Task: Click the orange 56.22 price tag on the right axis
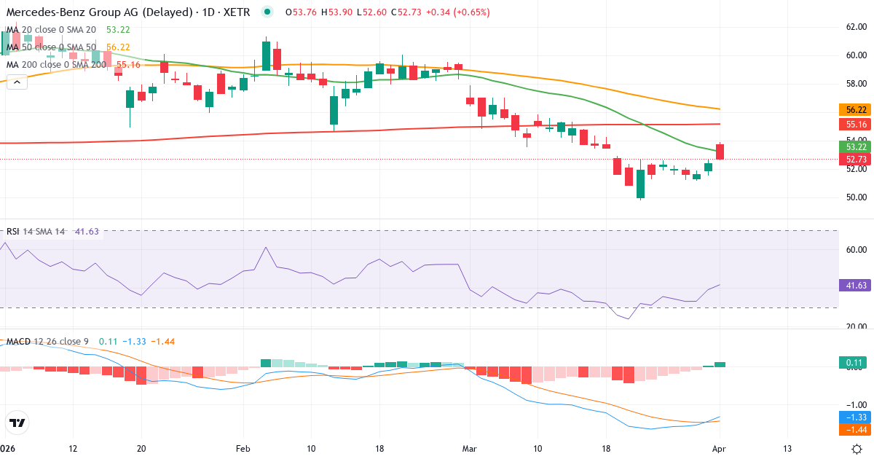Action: tap(857, 109)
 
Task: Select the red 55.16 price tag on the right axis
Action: tap(857, 124)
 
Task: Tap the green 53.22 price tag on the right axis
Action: tap(857, 146)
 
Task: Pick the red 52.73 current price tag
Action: tap(857, 159)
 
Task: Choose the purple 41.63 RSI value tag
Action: tap(857, 286)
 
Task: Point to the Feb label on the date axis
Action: tap(244, 448)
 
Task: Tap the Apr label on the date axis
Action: tap(720, 448)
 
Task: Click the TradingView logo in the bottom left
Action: tap(17, 423)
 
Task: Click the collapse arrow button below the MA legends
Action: tap(17, 82)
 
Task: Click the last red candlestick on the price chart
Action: tap(720, 152)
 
